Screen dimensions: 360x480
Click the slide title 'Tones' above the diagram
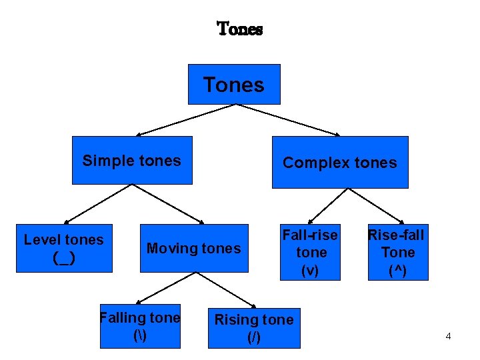tap(240, 29)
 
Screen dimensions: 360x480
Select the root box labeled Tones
tap(233, 85)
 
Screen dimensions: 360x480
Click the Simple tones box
tap(132, 160)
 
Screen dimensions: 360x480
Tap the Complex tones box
tap(339, 162)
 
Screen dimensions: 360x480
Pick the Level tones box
tap(64, 248)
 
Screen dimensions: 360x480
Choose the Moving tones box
tap(193, 249)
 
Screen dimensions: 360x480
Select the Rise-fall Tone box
tap(397, 252)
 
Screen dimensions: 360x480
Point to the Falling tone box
tap(140, 325)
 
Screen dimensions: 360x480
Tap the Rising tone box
tap(253, 328)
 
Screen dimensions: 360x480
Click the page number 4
tap(448, 336)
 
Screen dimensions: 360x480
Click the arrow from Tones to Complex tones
tap(289, 120)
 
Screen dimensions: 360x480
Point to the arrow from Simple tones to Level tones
tap(99, 203)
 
